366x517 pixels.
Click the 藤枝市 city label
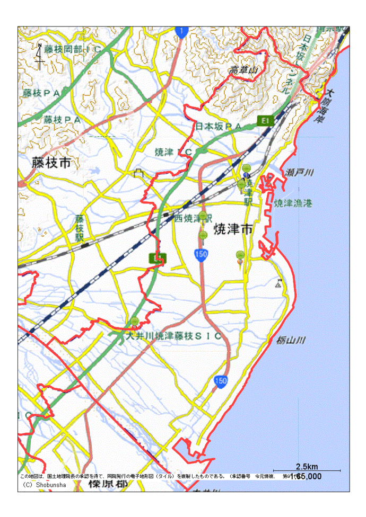pyautogui.click(x=51, y=163)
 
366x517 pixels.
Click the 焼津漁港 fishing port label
pyautogui.click(x=293, y=203)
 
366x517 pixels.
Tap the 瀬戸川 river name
pyautogui.click(x=300, y=173)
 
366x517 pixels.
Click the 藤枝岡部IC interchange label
pyautogui.click(x=73, y=49)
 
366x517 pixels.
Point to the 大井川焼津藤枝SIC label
pyautogui.click(x=173, y=336)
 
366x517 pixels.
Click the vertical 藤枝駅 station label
pyautogui.click(x=80, y=228)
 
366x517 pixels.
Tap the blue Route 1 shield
pyautogui.click(x=181, y=32)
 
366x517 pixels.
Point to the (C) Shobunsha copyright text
pyautogui.click(x=45, y=484)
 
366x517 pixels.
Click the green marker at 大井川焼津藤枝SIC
pyautogui.click(x=135, y=321)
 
